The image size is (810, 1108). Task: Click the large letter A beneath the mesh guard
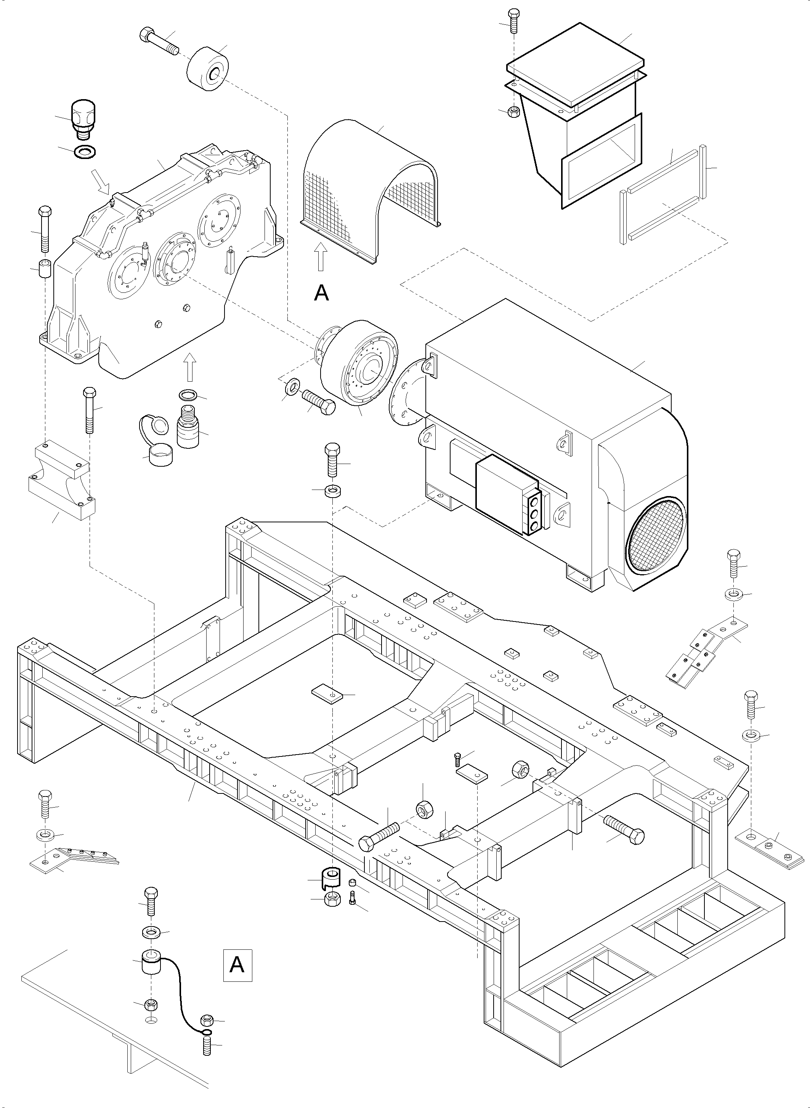pos(321,293)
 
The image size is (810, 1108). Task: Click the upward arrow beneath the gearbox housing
pos(190,368)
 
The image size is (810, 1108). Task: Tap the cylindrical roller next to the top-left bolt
pos(209,70)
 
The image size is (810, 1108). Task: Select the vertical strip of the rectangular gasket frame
pos(704,171)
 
